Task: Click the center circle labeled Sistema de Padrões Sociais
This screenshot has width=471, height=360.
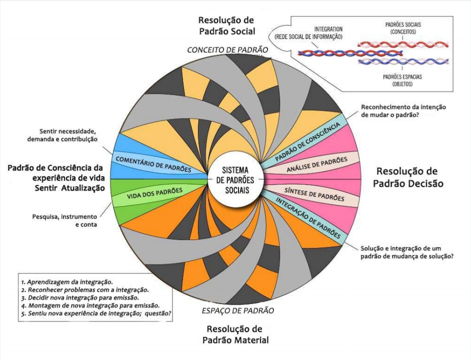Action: [x=235, y=179]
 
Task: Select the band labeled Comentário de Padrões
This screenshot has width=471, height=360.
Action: [x=153, y=164]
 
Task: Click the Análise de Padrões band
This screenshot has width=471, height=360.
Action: [x=317, y=164]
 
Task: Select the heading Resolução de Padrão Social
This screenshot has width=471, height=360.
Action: [x=226, y=25]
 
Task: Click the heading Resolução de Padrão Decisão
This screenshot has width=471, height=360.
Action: [x=409, y=176]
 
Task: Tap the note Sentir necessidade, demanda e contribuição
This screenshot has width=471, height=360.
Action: [x=63, y=135]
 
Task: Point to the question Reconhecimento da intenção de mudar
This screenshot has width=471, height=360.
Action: [x=402, y=111]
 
